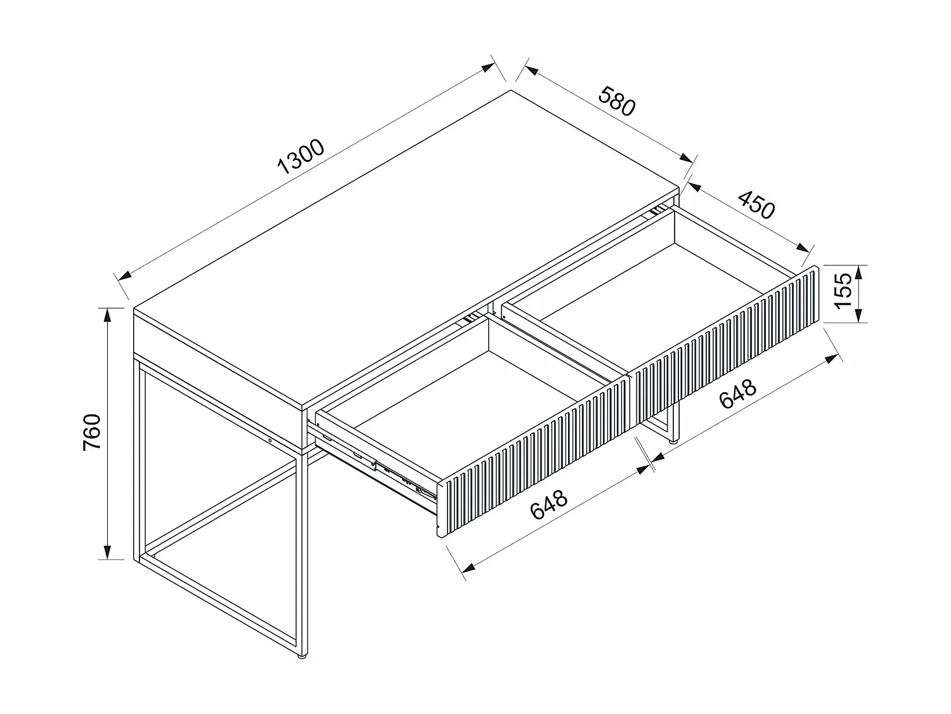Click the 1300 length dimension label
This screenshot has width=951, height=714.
pyautogui.click(x=302, y=156)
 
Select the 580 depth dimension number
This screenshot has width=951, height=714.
pyautogui.click(x=616, y=102)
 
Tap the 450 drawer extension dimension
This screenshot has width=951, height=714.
pyautogui.click(x=756, y=204)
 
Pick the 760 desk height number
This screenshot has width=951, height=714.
pyautogui.click(x=93, y=432)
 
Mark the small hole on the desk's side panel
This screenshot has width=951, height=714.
pyautogui.click(x=270, y=440)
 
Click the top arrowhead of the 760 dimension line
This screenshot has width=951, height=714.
pyautogui.click(x=108, y=315)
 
